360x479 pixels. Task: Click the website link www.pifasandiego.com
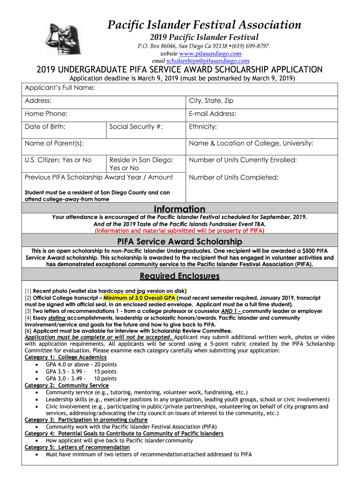[209, 54]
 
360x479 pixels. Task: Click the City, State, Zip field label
[211, 101]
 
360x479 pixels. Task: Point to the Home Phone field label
[46, 114]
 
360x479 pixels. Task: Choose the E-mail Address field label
[212, 114]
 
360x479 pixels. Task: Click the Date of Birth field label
[45, 126]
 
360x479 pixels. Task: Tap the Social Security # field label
[136, 126]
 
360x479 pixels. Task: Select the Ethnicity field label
[203, 126]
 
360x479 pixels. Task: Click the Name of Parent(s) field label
[54, 143]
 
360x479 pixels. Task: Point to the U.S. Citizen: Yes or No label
[58, 160]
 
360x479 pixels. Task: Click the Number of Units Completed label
[233, 177]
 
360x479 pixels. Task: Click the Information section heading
[180, 209]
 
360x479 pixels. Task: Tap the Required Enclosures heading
[180, 276]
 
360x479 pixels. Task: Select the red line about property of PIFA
[180, 231]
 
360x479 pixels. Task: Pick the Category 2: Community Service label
[66, 385]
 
